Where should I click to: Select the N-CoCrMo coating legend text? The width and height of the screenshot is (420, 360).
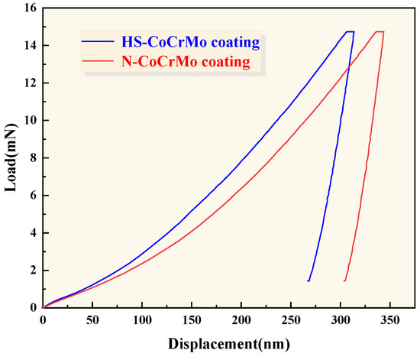pyautogui.click(x=186, y=63)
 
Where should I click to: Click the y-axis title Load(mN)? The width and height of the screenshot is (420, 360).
pyautogui.click(x=11, y=157)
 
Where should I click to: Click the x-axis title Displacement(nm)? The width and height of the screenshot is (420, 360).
pyautogui.click(x=228, y=343)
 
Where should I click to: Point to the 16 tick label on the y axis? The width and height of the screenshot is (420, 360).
pyautogui.click(x=30, y=8)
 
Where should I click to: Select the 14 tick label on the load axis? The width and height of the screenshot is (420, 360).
pyautogui.click(x=30, y=46)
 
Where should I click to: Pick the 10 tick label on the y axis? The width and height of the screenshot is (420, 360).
pyautogui.click(x=30, y=121)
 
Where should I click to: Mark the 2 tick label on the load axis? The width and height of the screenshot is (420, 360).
pyautogui.click(x=33, y=270)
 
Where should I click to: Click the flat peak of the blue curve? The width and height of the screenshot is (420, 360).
pyautogui.click(x=350, y=32)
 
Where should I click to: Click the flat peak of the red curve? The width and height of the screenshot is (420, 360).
pyautogui.click(x=379, y=32)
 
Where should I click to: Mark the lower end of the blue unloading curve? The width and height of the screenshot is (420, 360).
pyautogui.click(x=309, y=281)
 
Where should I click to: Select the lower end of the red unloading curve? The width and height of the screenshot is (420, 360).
pyautogui.click(x=344, y=281)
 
